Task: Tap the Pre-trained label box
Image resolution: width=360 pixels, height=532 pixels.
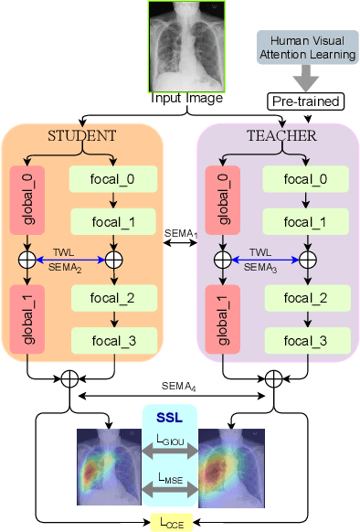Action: (303, 101)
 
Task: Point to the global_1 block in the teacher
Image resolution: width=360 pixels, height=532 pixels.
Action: (219, 316)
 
